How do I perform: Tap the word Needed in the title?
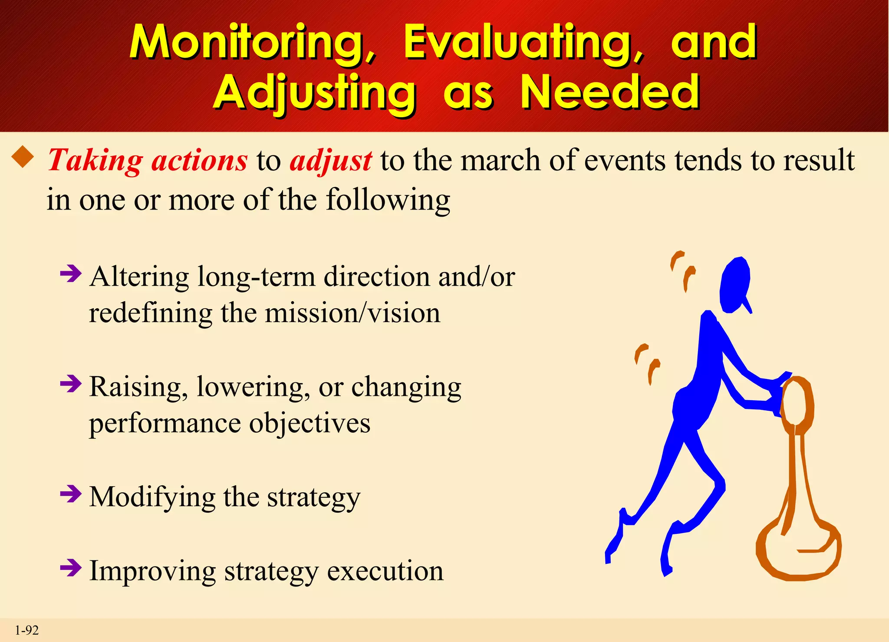pos(610,92)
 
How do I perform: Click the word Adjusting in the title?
pos(315,92)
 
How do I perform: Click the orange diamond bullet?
pos(23,157)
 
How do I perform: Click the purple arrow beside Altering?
pos(71,273)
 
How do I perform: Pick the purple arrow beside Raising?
pos(71,383)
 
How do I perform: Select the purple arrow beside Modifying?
pos(71,494)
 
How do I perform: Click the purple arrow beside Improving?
pos(71,567)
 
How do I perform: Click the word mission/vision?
pos(352,313)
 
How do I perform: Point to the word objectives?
pos(310,423)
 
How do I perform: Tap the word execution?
pos(385,571)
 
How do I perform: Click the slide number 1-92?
pos(27,630)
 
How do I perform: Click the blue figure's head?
pos(734,285)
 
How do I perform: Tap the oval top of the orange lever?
pos(797,402)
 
